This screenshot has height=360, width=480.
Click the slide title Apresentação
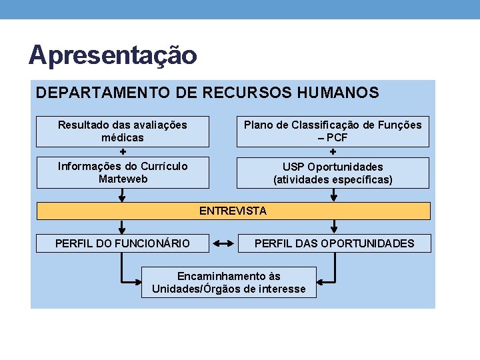[113, 55]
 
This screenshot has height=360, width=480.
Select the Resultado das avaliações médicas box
[122, 131]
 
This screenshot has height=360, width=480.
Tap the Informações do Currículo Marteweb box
[122, 172]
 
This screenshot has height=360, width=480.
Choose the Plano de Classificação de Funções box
[333, 131]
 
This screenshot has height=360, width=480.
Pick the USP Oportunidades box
[333, 173]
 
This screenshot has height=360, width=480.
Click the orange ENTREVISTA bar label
[233, 211]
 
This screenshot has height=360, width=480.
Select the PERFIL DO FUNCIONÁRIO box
[122, 243]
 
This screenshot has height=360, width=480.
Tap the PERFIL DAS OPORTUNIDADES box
[334, 243]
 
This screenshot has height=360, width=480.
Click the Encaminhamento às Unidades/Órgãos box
[229, 282]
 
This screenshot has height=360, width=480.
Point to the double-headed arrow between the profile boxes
[223, 244]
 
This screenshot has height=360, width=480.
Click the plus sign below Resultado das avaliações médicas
[122, 151]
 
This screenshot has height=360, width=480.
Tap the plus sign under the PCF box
[333, 151]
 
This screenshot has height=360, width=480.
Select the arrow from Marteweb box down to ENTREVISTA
[122, 195]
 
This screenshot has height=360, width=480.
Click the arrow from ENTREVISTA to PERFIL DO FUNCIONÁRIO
[122, 226]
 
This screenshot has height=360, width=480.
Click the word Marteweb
[123, 179]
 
